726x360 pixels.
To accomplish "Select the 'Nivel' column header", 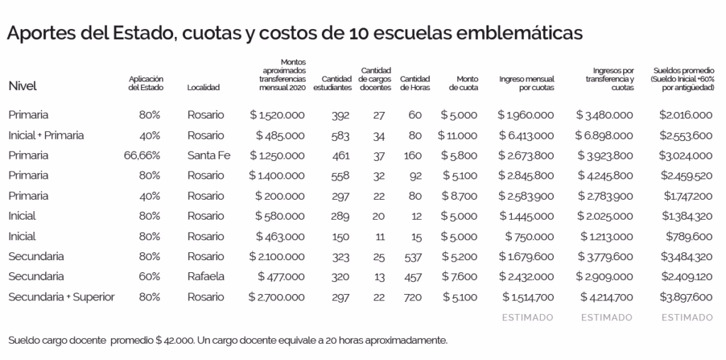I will click(22, 86).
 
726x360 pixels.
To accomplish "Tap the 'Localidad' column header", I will click(203, 88).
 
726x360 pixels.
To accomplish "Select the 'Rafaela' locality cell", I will click(206, 276).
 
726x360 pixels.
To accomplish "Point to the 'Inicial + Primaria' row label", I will click(46, 135).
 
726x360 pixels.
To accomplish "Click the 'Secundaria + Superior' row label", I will click(62, 296).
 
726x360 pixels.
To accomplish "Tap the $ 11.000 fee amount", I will click(457, 135).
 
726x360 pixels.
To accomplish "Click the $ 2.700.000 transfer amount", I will click(277, 296).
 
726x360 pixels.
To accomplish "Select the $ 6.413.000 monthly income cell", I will click(525, 135).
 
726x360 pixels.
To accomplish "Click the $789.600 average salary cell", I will click(688, 236).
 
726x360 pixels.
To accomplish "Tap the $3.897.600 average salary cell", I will click(686, 296).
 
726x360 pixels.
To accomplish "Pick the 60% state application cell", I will click(150, 276).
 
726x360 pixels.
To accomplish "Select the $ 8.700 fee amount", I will click(459, 196).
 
